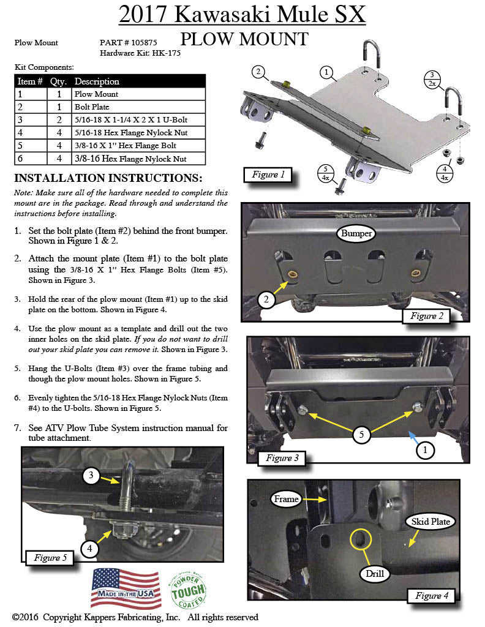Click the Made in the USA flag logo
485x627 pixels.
[x=126, y=588]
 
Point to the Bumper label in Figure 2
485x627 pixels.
[x=356, y=233]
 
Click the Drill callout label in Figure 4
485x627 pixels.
[x=375, y=574]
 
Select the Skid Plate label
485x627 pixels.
[x=430, y=522]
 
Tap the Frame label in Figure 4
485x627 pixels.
[x=286, y=499]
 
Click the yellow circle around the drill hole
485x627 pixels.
[x=360, y=539]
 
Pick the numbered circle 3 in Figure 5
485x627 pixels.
[x=91, y=475]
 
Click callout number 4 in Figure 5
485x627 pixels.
[x=89, y=549]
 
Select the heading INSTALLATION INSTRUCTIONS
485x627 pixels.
[x=108, y=178]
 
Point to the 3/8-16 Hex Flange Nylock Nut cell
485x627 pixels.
[x=138, y=159]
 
